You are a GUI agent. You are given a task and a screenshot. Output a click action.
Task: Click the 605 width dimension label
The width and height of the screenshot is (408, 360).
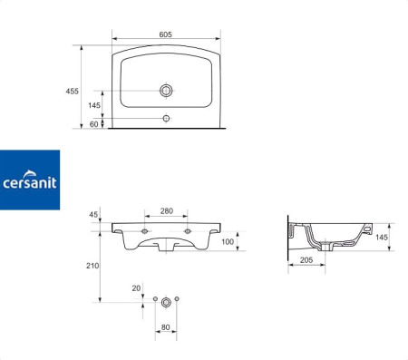(x=165, y=34)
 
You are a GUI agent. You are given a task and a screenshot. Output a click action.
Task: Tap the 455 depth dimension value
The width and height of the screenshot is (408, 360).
(x=73, y=91)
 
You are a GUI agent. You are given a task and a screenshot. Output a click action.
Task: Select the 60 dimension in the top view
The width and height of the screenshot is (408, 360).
(x=94, y=124)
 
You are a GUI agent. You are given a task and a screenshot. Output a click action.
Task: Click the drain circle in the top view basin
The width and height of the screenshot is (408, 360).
(x=166, y=91)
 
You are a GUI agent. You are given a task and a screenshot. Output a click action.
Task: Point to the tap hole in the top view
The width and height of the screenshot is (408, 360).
(x=166, y=118)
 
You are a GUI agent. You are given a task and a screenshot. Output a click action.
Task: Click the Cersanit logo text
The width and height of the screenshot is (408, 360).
(x=30, y=183)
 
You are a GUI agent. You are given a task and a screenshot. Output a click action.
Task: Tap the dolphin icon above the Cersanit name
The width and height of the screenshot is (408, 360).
(x=30, y=173)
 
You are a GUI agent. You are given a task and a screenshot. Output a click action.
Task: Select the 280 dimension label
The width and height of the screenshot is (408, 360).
(x=167, y=210)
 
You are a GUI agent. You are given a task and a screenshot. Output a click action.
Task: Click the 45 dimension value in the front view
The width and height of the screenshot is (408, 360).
(x=93, y=214)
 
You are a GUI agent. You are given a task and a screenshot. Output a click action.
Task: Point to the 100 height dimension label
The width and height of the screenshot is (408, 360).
(x=228, y=241)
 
